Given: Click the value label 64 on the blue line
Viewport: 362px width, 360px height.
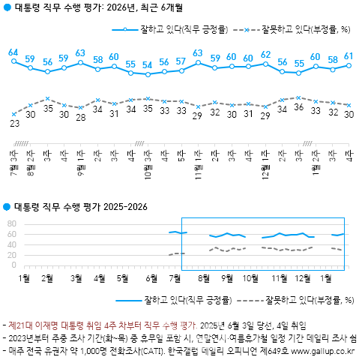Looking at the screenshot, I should (13, 52).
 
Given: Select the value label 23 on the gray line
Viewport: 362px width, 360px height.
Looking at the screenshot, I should (13, 123).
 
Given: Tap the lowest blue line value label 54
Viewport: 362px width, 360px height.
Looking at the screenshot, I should (148, 65).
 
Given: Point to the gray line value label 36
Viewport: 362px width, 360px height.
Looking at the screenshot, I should (299, 107).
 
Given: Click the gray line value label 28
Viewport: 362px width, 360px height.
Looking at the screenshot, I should (81, 117).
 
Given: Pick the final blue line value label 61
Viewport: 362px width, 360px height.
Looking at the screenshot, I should (349, 56).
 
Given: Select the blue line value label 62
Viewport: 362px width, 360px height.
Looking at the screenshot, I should (265, 55).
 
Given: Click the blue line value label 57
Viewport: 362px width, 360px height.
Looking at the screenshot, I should (181, 61).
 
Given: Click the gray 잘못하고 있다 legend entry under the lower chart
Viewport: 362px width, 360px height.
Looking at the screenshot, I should (300, 300).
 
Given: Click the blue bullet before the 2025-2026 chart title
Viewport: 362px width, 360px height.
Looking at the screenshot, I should (7, 206).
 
